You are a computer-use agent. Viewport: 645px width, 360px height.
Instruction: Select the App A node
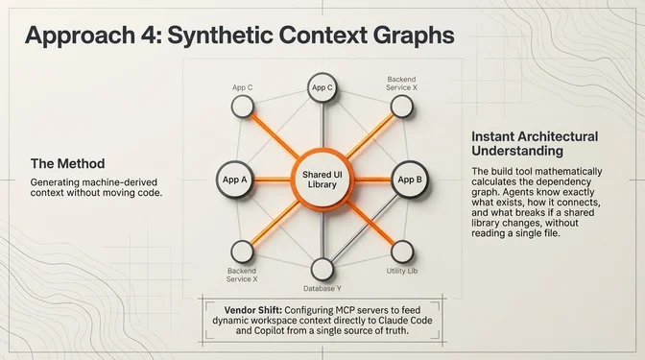[235, 180]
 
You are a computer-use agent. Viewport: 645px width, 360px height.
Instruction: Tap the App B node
[409, 180]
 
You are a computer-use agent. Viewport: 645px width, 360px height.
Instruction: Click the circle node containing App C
[322, 88]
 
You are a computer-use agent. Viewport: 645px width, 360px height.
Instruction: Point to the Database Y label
[323, 287]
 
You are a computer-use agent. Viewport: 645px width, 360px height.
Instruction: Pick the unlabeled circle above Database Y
[323, 265]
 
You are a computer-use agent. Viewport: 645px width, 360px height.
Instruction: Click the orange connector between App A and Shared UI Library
[273, 180]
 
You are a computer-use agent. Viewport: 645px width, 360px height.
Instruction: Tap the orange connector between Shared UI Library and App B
[371, 180]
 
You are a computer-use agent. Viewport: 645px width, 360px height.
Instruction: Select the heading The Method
[67, 163]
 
